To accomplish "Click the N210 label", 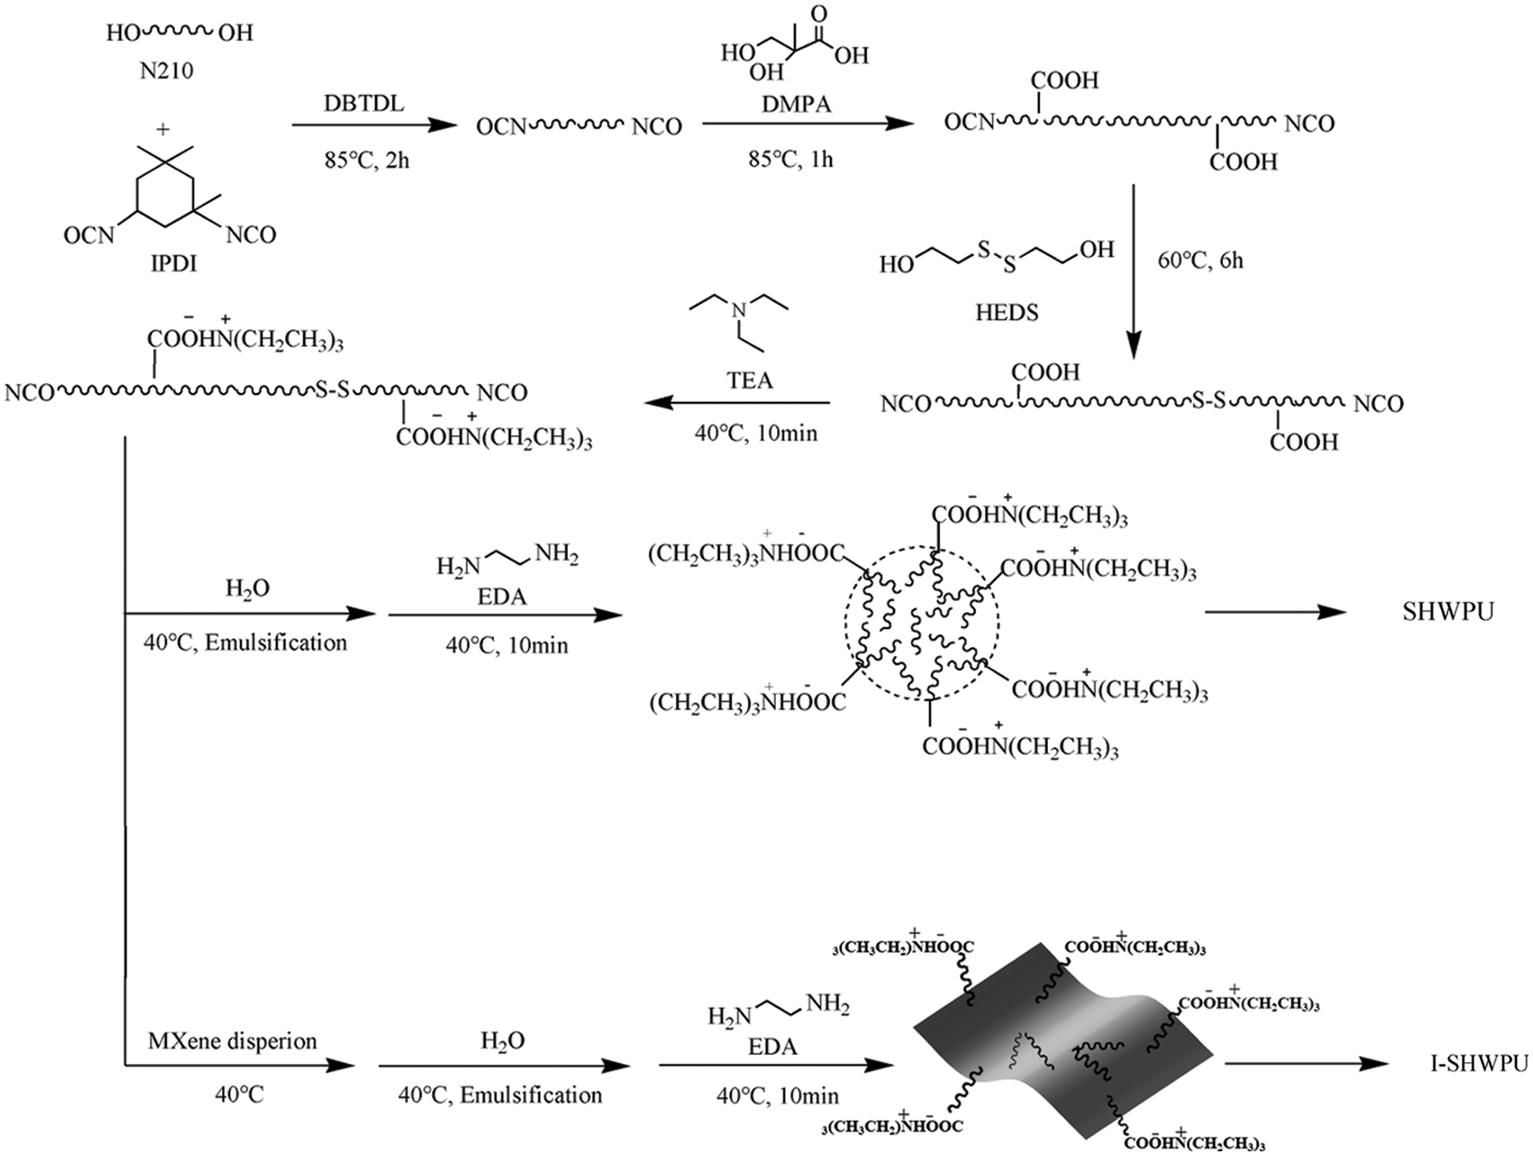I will (x=166, y=71).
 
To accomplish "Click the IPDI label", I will (x=173, y=264).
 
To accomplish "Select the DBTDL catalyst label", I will (x=364, y=103).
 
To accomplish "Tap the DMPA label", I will (x=796, y=104).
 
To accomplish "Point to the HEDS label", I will (x=1006, y=312).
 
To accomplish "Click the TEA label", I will (x=750, y=380).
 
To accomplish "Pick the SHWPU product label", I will (x=1447, y=612).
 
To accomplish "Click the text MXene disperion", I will (x=232, y=1041).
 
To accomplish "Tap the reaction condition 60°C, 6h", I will (x=1201, y=261).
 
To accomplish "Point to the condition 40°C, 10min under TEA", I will (x=756, y=433).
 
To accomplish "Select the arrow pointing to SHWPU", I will (x=1275, y=612).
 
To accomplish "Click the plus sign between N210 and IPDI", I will (x=164, y=128).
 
